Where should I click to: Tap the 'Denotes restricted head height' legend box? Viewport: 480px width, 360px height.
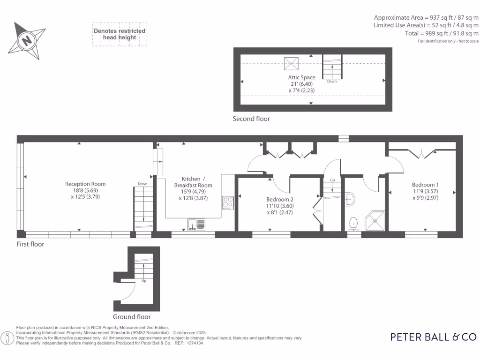pyautogui.click(x=120, y=34)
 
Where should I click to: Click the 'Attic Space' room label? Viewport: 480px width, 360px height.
pyautogui.click(x=301, y=77)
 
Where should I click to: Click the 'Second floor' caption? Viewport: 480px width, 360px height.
pyautogui.click(x=251, y=119)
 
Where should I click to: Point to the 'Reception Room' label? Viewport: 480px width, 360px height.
pyautogui.click(x=85, y=184)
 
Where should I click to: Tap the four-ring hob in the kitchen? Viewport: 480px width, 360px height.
pyautogui.click(x=228, y=202)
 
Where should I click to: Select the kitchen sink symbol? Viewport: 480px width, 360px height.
pyautogui.click(x=196, y=225)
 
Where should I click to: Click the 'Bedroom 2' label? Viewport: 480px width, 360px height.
pyautogui.click(x=279, y=199)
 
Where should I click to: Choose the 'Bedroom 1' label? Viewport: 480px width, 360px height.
pyautogui.click(x=425, y=185)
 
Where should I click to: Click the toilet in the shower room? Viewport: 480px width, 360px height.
pyautogui.click(x=354, y=223)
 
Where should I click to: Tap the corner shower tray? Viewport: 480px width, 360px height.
pyautogui.click(x=375, y=221)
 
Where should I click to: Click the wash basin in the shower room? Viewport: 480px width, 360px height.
pyautogui.click(x=349, y=200)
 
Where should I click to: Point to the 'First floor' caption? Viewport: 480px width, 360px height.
pyautogui.click(x=30, y=244)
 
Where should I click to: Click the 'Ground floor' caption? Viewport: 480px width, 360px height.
pyautogui.click(x=132, y=317)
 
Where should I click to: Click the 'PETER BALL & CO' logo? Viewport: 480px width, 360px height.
pyautogui.click(x=433, y=337)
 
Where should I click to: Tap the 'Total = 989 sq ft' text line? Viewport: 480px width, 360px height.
pyautogui.click(x=442, y=33)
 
